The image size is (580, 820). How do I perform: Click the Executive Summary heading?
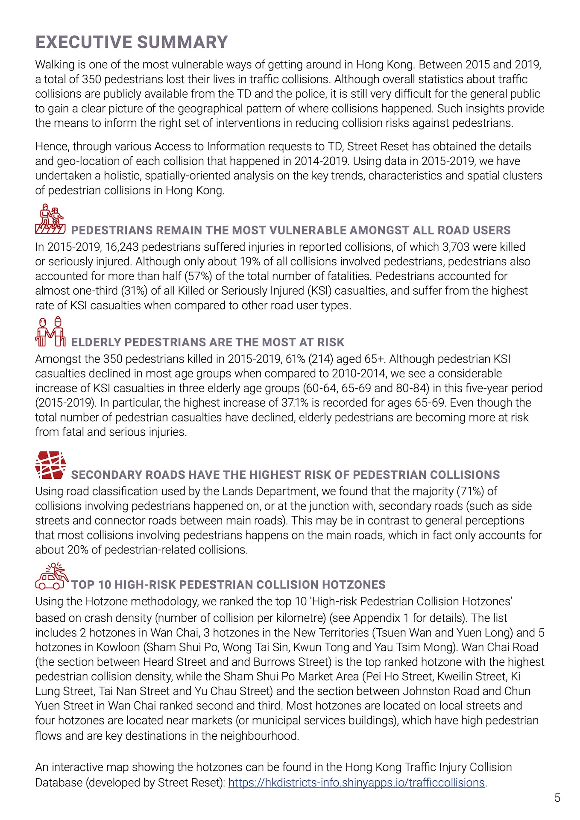(132, 42)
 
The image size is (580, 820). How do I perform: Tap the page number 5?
(557, 798)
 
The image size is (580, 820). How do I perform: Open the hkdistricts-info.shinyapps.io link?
(357, 782)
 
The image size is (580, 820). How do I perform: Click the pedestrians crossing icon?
(50, 219)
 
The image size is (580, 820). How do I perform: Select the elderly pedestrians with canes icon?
(50, 331)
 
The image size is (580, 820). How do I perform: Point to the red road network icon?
(50, 465)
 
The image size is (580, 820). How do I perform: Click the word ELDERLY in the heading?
(96, 342)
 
